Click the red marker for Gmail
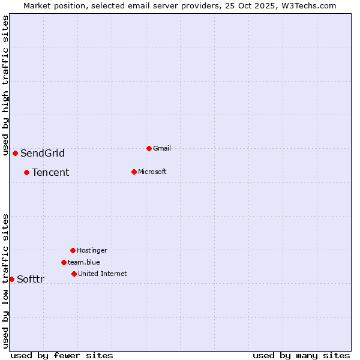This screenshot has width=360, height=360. [x=149, y=148]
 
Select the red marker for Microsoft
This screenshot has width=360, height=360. [x=134, y=172]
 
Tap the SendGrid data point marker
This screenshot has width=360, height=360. [x=15, y=153]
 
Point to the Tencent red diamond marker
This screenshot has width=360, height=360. [x=26, y=172]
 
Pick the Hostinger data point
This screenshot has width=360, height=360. [x=73, y=250]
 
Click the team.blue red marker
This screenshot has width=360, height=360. [x=64, y=262]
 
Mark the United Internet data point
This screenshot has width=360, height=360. [x=74, y=274]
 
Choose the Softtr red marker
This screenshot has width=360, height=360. [x=11, y=279]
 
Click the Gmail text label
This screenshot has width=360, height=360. [x=162, y=148]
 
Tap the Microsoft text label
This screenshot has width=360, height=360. [x=152, y=172]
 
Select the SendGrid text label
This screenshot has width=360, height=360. [x=43, y=153]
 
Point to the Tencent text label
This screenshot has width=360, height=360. [x=50, y=172]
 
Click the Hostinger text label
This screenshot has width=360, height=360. [x=92, y=250]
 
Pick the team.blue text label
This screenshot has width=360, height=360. [x=84, y=262]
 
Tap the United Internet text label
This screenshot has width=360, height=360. [x=103, y=274]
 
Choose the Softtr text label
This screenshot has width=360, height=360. [x=31, y=279]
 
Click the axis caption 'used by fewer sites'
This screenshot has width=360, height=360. [x=62, y=355]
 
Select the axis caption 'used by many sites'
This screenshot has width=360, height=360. [x=301, y=355]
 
